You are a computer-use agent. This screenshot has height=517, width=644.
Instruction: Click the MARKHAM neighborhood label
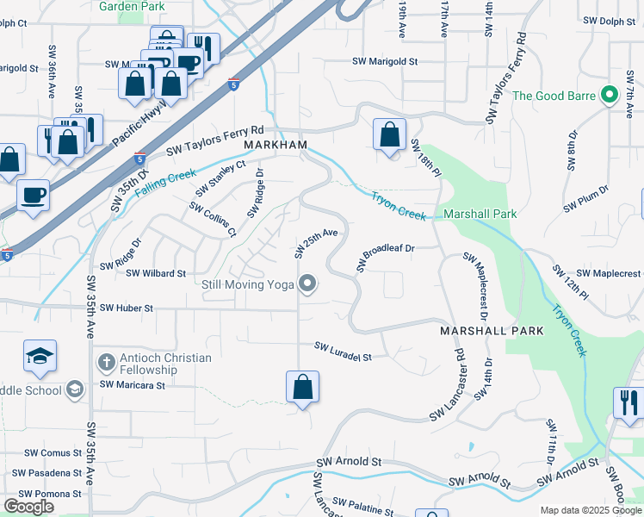pos(275,145)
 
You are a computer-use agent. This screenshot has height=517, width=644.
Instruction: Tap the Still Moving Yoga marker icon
pos(307,283)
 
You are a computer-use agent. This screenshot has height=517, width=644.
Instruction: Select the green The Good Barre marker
pos(610,95)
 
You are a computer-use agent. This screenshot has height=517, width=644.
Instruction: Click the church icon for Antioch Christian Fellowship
pos(105,363)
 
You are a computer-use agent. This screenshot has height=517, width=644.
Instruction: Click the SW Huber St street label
pos(126,308)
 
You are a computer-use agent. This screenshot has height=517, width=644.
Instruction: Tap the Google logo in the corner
pos(29,506)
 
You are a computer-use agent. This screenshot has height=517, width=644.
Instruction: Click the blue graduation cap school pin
pos(40,356)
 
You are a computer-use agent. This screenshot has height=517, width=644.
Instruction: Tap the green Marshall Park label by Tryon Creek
pos(480,214)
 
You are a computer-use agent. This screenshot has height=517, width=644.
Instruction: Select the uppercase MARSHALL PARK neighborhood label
pos(492,331)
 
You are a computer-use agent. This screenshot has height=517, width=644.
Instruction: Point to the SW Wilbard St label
pos(156,273)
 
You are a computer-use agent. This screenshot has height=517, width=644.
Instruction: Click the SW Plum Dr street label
pos(586,199)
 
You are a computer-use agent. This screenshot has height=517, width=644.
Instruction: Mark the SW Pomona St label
pos(53,494)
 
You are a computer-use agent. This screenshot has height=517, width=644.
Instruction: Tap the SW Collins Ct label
pos(213,221)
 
